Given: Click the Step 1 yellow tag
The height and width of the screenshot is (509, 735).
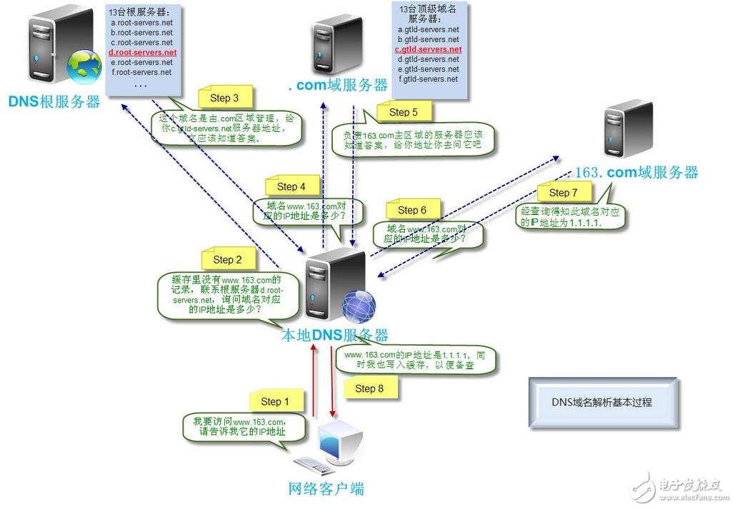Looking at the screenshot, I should click(x=275, y=401).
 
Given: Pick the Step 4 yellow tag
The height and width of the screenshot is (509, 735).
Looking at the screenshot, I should click(x=291, y=186).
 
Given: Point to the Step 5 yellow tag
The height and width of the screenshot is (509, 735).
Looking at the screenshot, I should click(x=404, y=112).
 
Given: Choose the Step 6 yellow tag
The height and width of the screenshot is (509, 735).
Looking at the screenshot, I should click(x=412, y=210).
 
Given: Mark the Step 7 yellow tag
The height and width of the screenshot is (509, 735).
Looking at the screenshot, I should click(x=564, y=193).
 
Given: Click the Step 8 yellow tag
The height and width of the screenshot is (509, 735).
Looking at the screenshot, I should click(x=369, y=388).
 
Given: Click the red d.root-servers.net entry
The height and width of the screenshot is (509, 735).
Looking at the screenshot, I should click(x=142, y=53).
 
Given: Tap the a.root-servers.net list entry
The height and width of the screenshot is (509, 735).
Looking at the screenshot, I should click(x=142, y=23).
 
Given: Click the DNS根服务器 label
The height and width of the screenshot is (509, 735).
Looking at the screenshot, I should click(x=54, y=102).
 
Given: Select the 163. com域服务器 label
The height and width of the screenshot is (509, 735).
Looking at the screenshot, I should click(x=636, y=172).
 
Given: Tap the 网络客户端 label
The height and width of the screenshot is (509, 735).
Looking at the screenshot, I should click(x=326, y=489).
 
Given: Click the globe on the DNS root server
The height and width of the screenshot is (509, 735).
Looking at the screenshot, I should click(x=84, y=66).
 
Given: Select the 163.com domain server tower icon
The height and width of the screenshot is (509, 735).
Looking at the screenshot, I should click(x=627, y=128).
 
